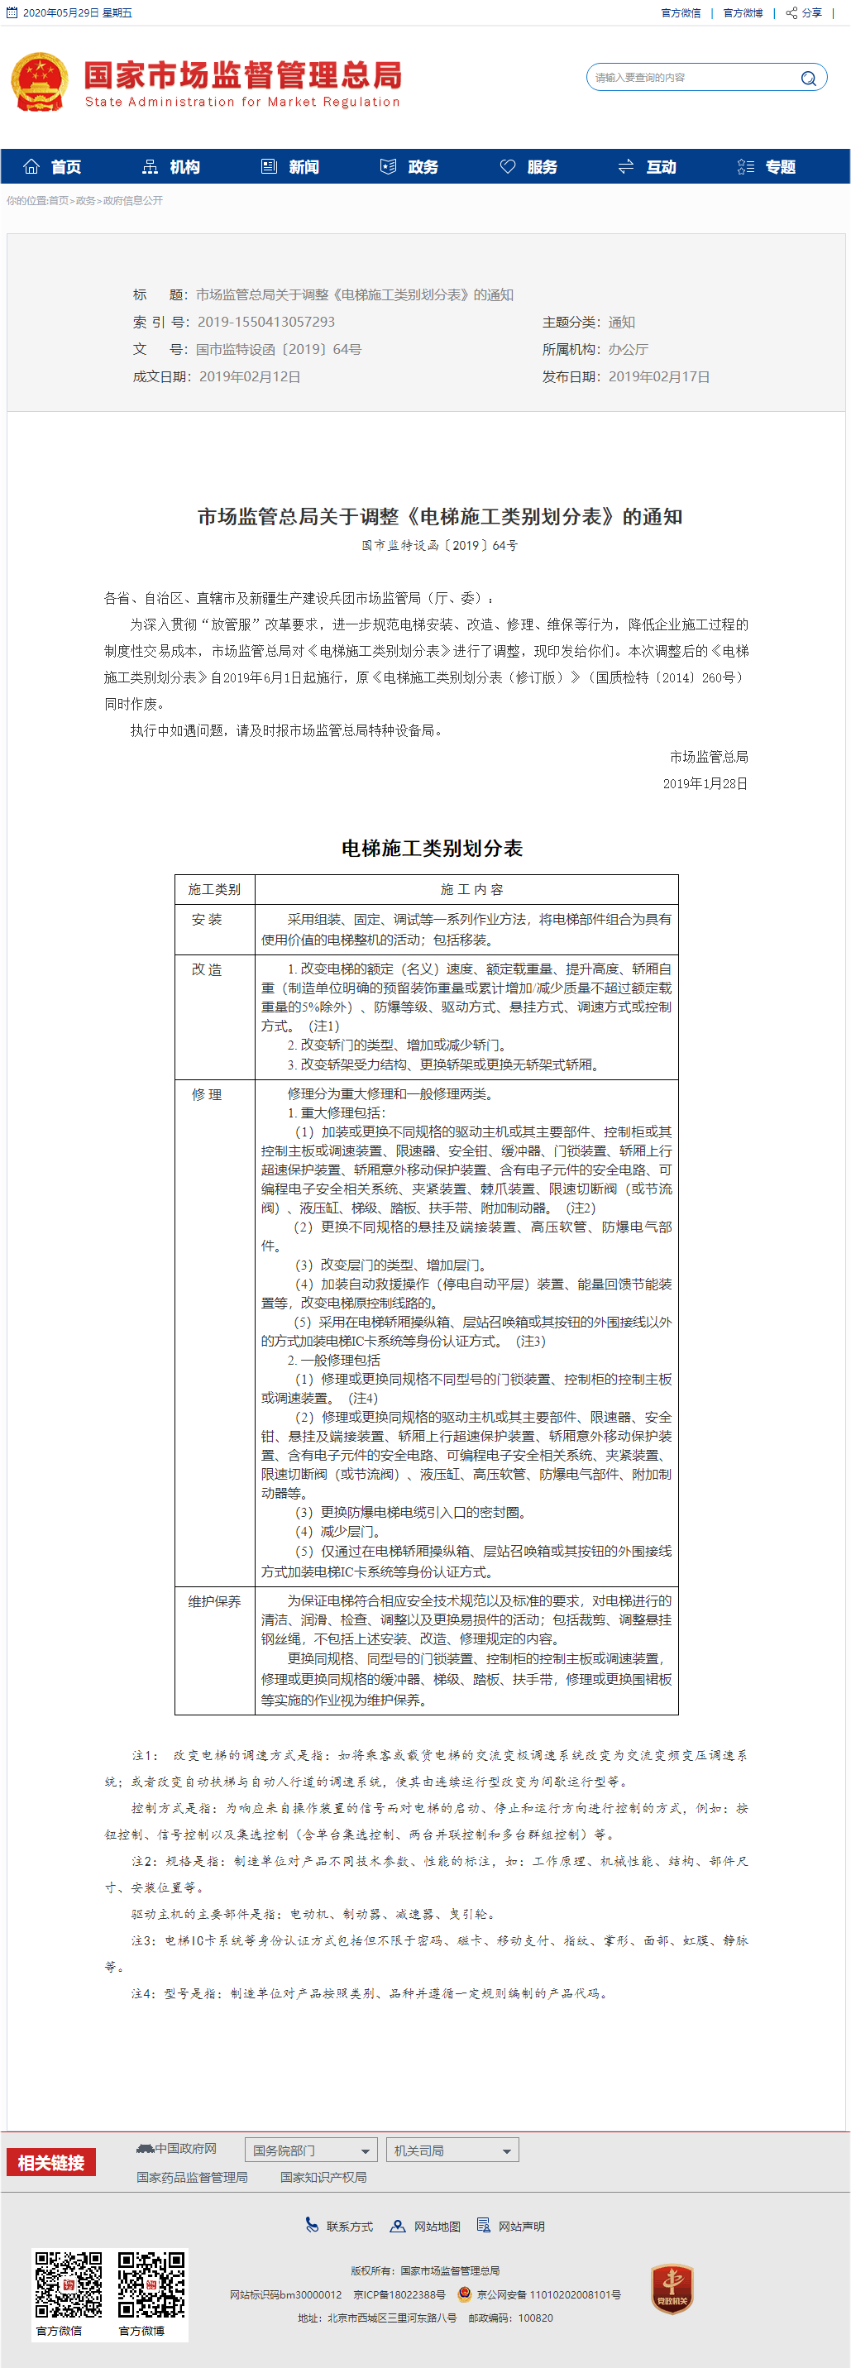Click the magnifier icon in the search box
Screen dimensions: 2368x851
[x=808, y=78]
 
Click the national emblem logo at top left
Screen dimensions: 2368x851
[x=40, y=82]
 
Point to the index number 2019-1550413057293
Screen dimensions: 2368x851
[x=265, y=322]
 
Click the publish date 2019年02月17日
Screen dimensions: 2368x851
[x=658, y=377]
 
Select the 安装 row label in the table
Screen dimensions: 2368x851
[x=207, y=919]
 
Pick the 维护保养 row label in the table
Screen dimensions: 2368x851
[x=214, y=1601]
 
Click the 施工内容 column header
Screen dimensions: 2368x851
[x=471, y=889]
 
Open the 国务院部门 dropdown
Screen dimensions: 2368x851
[x=311, y=2150]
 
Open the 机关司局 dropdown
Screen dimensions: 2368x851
[x=452, y=2150]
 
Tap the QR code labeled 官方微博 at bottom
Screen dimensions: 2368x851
[x=151, y=2284]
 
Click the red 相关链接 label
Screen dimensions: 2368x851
[x=51, y=2163]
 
